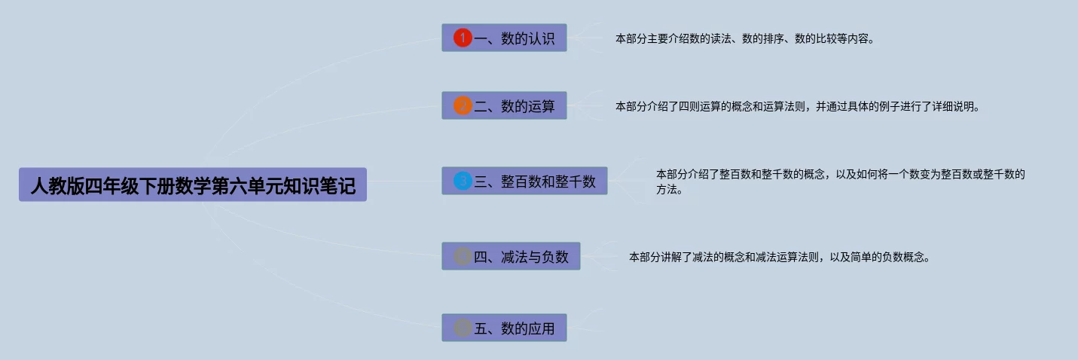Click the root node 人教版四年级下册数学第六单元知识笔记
coord(192,185)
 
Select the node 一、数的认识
coord(504,38)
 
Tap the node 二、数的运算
coord(504,106)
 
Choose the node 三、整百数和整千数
coord(524,181)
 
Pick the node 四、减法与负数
coord(511,256)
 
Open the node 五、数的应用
coord(504,328)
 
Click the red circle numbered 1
coord(463,38)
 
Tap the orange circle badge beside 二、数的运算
coord(463,106)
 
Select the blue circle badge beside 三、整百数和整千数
coord(463,181)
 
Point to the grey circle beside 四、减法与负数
coord(463,256)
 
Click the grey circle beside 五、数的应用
coord(463,328)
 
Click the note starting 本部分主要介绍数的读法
coord(745,38)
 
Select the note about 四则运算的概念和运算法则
coord(797,106)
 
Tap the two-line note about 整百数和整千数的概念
coord(840,182)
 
